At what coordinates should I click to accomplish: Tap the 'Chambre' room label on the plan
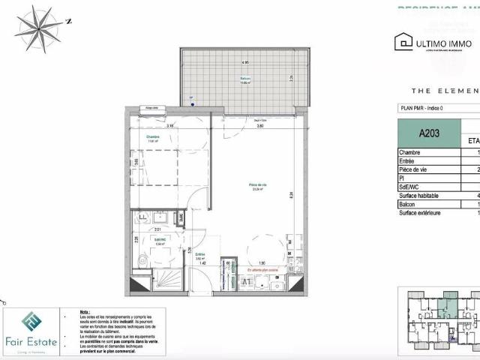(x=153, y=137)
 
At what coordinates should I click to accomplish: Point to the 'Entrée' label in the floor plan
(x=200, y=254)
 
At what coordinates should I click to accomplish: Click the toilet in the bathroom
(x=142, y=260)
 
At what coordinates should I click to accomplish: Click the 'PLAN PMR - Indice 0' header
(x=426, y=109)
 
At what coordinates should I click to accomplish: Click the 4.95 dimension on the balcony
(x=244, y=62)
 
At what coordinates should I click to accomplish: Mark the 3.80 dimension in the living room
(x=259, y=126)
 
